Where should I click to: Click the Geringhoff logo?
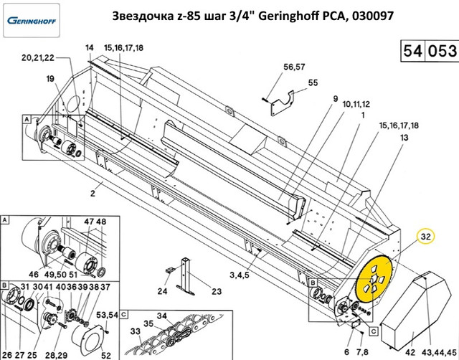click(x=32, y=21)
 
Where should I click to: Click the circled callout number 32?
click(x=426, y=237)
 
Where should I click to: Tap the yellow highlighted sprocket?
click(x=374, y=279)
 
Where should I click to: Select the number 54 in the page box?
click(x=413, y=51)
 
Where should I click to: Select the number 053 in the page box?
click(x=443, y=51)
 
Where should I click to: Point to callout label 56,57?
click(x=294, y=67)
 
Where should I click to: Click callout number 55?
click(x=313, y=82)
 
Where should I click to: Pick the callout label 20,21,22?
click(x=38, y=57)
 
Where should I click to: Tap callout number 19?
click(x=50, y=78)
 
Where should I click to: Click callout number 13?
click(x=404, y=137)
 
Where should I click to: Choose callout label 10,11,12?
click(x=356, y=104)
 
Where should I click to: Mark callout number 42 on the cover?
click(x=410, y=352)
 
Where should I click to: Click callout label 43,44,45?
click(x=440, y=352)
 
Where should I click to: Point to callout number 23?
click(x=217, y=291)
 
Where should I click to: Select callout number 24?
click(x=163, y=291)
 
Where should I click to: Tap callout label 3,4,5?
click(x=239, y=275)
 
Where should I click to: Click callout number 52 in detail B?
click(x=106, y=355)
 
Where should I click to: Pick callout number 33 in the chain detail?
click(x=136, y=331)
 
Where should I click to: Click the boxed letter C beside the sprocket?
click(x=374, y=331)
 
